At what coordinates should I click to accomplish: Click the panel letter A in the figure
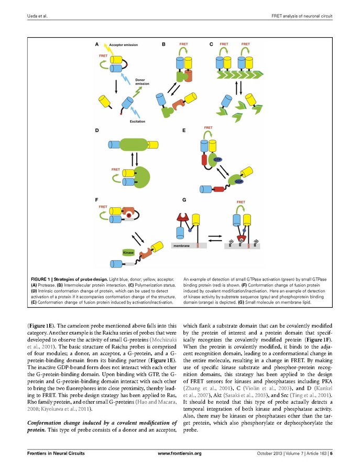coord(96,45)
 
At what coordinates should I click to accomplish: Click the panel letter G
coord(183,200)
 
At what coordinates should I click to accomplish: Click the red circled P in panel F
coord(128,216)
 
